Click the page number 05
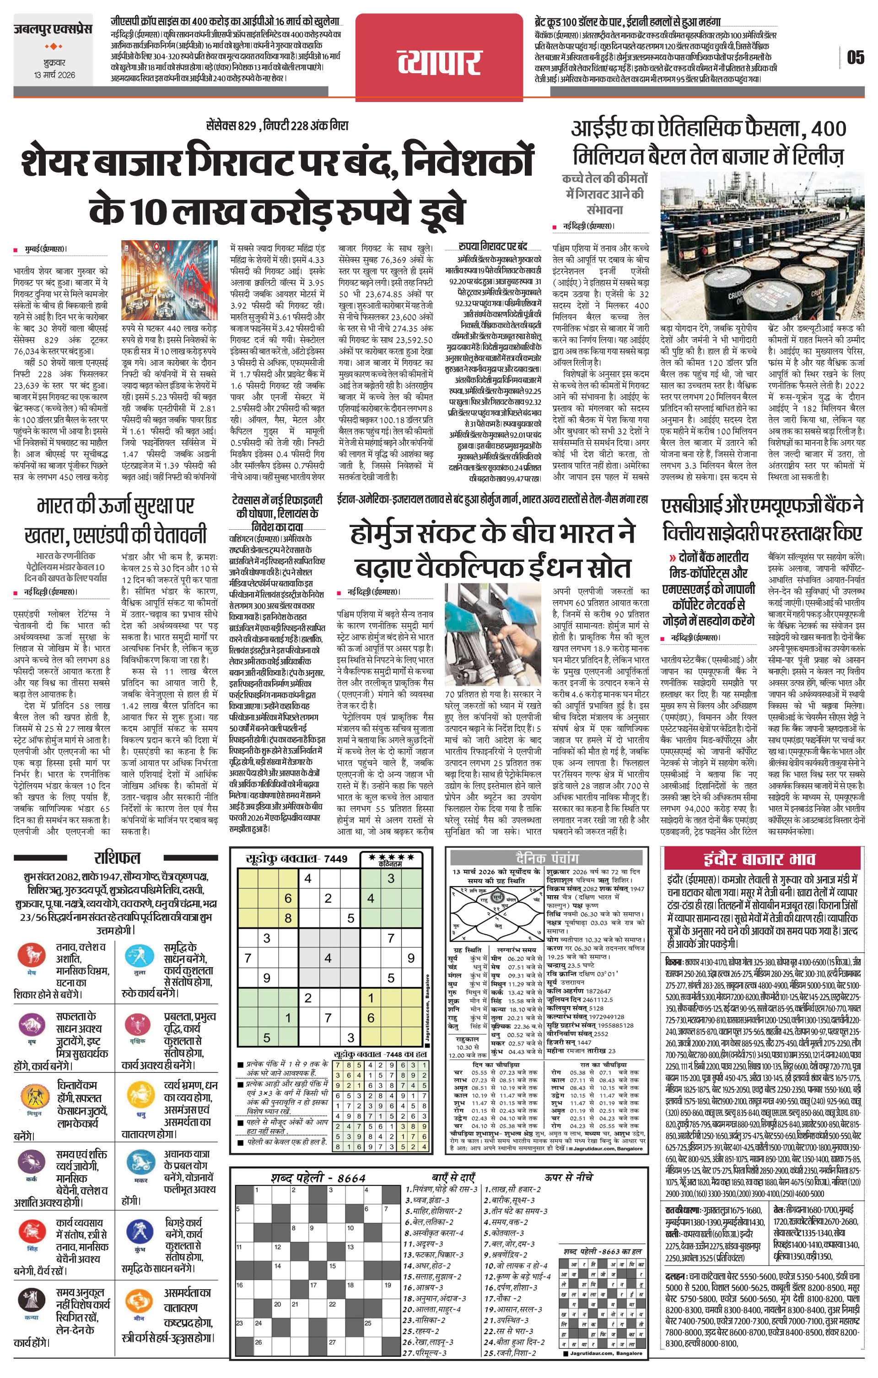(x=855, y=57)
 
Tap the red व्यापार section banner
(x=439, y=59)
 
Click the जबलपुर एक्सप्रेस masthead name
(x=53, y=29)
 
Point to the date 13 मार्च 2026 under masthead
(x=54, y=75)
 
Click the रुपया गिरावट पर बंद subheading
(x=492, y=247)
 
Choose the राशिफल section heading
(x=117, y=857)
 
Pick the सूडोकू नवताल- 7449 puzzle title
(x=296, y=858)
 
